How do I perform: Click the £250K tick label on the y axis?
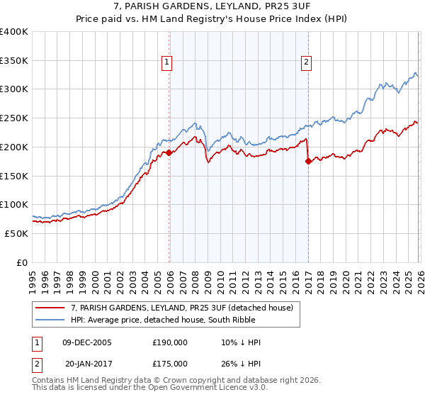coord(14,118)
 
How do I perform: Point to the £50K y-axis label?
coord(16,233)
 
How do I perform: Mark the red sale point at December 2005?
coord(169,152)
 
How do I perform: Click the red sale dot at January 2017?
coord(308,162)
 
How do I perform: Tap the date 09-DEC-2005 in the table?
coord(87,342)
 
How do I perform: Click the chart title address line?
coord(212,7)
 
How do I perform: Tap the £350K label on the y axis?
coord(14,61)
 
